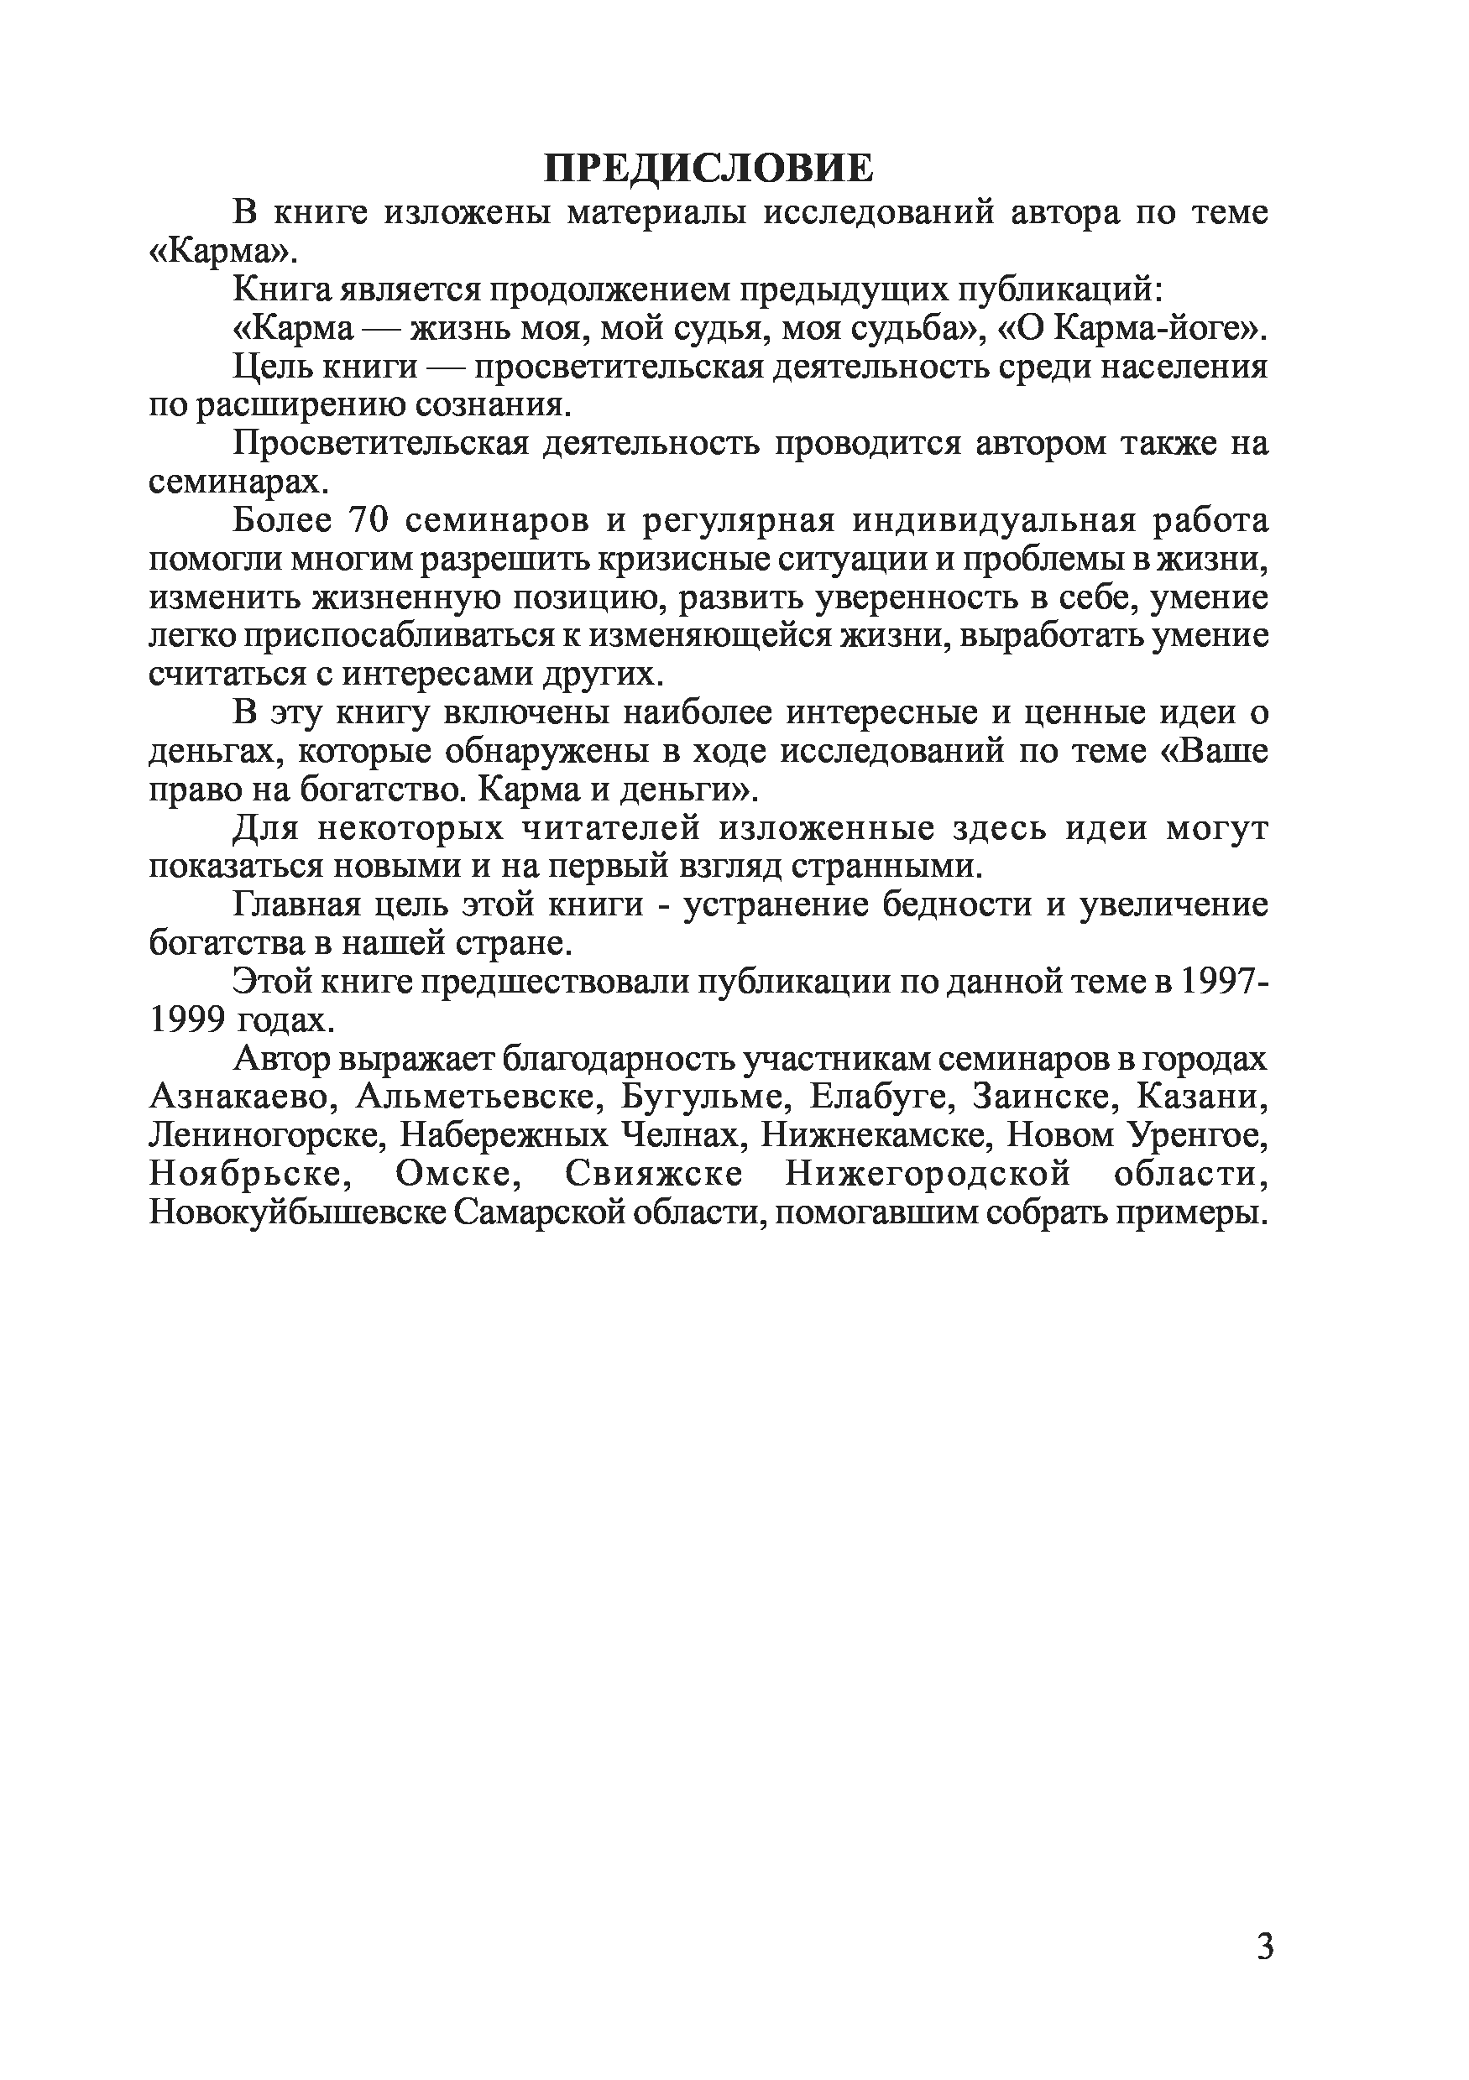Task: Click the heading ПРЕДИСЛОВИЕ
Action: click(708, 169)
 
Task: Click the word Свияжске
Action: click(653, 1174)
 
